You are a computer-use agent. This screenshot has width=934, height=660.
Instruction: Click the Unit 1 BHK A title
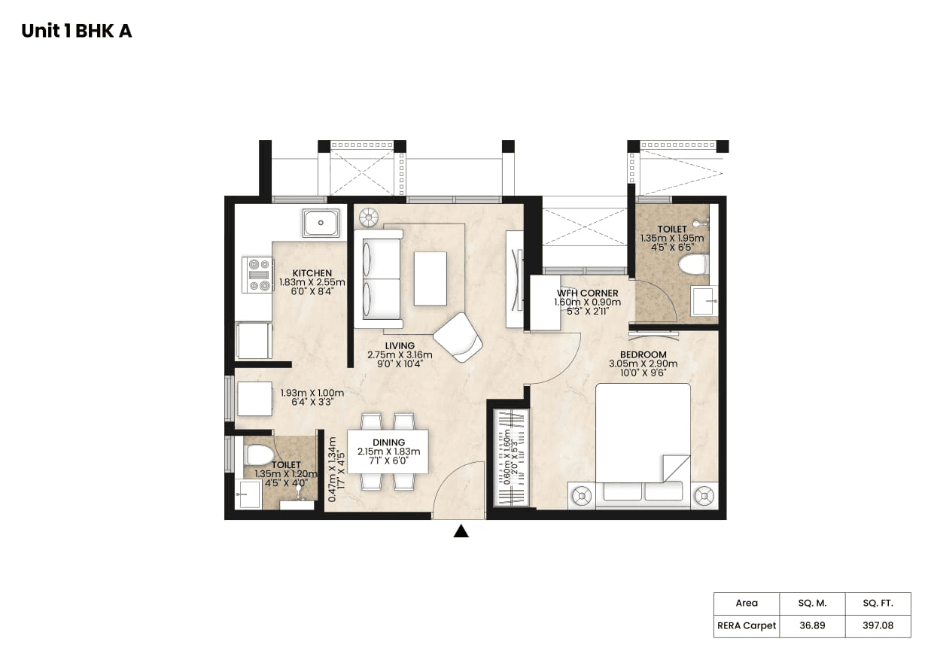[x=76, y=31]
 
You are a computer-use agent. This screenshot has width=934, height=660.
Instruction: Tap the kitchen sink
[x=321, y=223]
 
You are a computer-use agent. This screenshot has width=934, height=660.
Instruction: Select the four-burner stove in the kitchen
[x=257, y=275]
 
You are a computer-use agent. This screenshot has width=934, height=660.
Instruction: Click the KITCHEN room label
[x=312, y=273]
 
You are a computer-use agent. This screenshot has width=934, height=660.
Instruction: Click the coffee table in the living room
[x=430, y=278]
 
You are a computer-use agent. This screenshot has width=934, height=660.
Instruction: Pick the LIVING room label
[x=400, y=346]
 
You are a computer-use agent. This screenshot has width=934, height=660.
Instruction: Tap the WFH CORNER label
[x=587, y=293]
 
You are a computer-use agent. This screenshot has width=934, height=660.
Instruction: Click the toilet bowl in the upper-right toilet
[x=692, y=264]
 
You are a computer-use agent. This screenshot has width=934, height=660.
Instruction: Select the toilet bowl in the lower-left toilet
[x=259, y=455]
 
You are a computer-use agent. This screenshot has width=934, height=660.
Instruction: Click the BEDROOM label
[x=643, y=354]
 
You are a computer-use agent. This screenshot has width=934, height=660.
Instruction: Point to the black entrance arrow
[x=461, y=531]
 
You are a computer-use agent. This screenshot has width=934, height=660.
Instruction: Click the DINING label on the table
[x=388, y=443]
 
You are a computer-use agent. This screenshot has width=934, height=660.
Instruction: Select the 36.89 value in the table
[x=811, y=625]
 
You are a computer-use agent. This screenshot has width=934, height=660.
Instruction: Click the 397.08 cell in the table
[x=877, y=625]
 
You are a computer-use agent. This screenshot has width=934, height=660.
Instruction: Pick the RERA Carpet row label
[x=745, y=625]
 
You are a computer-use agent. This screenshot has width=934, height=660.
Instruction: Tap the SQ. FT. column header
[x=877, y=603]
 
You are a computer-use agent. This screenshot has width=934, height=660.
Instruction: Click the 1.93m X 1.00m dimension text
[x=312, y=393]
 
